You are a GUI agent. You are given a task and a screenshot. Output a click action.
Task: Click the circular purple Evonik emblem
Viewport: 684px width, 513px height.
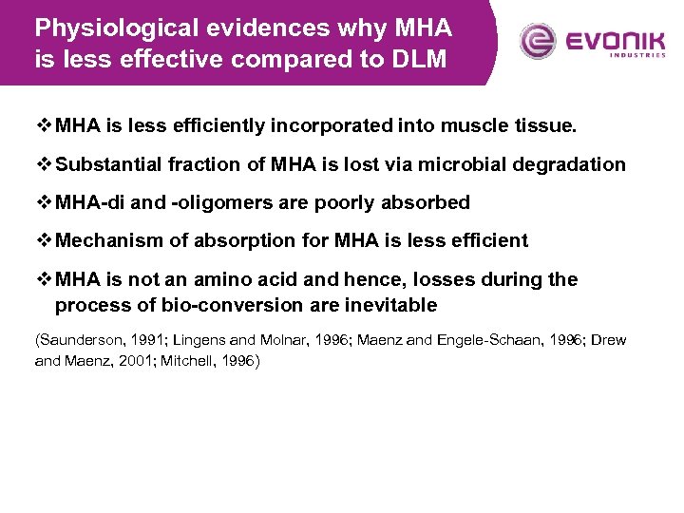point(538,42)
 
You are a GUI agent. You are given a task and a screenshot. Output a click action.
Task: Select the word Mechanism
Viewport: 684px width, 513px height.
point(107,240)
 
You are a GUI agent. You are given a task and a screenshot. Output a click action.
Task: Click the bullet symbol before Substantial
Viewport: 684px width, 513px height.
point(44,164)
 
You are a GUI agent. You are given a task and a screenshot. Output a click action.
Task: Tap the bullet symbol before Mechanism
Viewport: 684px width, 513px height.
point(44,240)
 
